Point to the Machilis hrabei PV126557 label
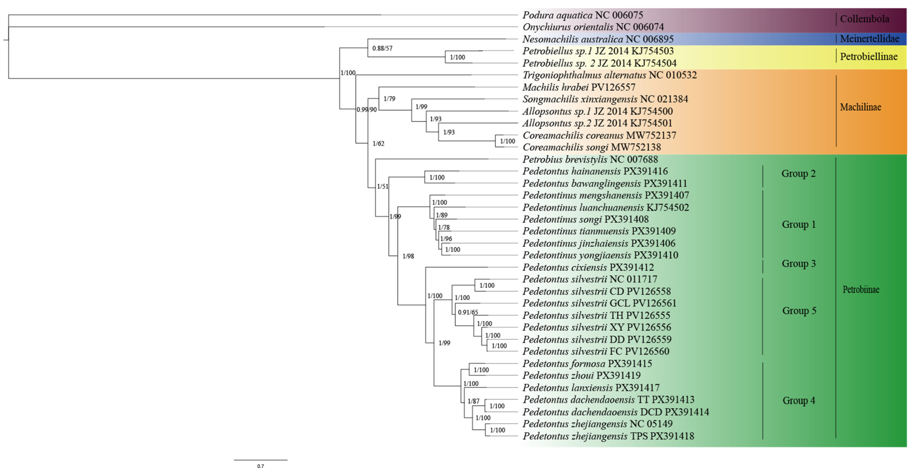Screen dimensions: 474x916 tap(579, 87)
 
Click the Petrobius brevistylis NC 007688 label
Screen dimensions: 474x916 tap(590, 159)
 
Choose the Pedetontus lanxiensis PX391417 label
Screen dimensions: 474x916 tap(591, 388)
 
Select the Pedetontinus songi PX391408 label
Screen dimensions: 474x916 tap(585, 219)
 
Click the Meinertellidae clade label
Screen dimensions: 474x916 tap(869, 39)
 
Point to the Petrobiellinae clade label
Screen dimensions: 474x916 tap(868, 56)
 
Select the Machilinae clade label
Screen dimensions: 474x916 tap(860, 107)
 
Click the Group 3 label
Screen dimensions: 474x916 tap(798, 263)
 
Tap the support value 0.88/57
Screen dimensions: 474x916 tap(382, 48)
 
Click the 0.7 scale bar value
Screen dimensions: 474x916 tap(260, 466)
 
